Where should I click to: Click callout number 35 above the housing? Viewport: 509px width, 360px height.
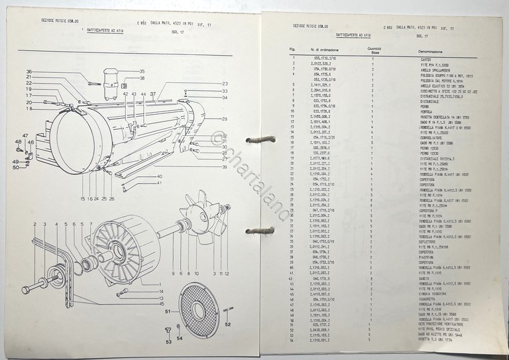[141, 72]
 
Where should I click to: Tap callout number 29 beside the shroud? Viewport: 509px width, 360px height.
[225, 119]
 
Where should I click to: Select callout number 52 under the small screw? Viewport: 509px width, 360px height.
[228, 325]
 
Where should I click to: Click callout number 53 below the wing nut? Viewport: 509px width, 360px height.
[168, 342]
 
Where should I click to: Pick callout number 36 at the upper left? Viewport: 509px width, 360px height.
[29, 72]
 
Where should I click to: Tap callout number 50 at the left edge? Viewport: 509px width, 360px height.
[15, 168]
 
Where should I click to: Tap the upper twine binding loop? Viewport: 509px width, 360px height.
[260, 139]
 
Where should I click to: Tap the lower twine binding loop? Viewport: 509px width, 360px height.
[260, 231]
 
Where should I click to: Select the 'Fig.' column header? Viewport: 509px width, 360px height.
[292, 50]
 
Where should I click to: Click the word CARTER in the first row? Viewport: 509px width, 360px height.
[425, 60]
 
